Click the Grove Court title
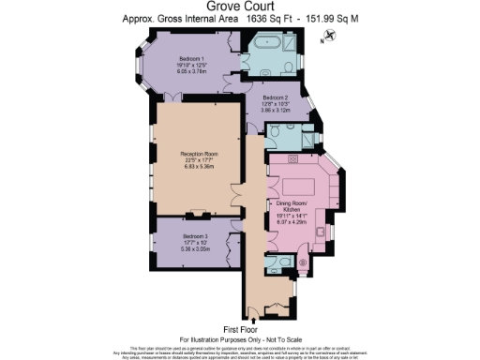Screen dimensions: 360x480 [x=239, y=7]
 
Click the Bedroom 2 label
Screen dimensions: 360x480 [x=275, y=98]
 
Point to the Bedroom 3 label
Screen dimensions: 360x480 [x=194, y=235]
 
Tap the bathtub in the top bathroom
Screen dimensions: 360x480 [x=259, y=43]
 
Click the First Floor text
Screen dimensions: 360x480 [x=239, y=328]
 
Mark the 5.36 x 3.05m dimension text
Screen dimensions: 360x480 [x=194, y=248]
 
